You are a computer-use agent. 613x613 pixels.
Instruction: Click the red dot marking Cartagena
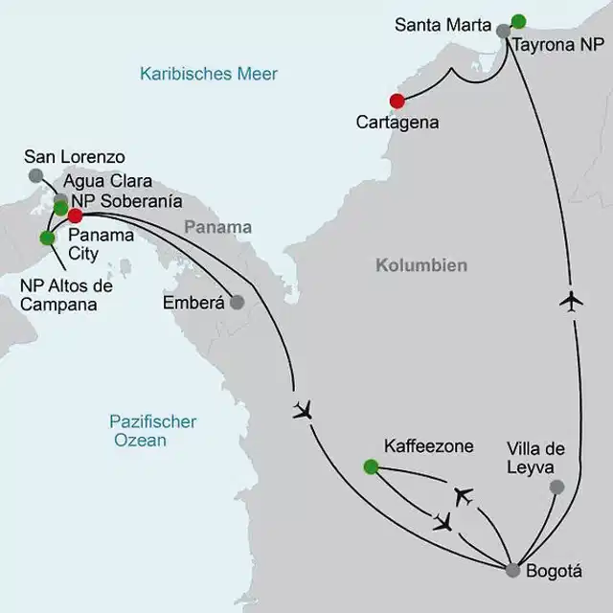(397, 101)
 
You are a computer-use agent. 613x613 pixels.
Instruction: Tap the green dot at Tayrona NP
(518, 21)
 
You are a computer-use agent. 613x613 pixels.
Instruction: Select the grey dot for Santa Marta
(503, 31)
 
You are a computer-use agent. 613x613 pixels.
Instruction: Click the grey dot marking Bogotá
(513, 570)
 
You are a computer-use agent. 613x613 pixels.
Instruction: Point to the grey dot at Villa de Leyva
(556, 487)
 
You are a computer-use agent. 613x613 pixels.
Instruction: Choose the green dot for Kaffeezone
(371, 466)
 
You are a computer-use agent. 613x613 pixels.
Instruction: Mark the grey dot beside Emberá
(238, 302)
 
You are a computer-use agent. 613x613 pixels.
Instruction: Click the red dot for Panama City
(75, 216)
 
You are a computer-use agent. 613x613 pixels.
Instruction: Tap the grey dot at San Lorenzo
(35, 175)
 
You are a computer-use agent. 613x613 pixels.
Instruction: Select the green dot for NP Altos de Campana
(46, 238)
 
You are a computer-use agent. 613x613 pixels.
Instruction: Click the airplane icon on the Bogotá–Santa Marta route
(572, 302)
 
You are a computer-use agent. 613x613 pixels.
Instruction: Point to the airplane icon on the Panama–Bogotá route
(304, 411)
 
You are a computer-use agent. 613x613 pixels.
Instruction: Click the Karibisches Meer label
(208, 74)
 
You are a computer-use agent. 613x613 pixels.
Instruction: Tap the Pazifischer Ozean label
(152, 431)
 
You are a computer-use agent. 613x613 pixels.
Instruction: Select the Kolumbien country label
(420, 265)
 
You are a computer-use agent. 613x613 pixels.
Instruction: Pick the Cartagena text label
(397, 123)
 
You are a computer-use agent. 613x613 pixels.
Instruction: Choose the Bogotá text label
(556, 571)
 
